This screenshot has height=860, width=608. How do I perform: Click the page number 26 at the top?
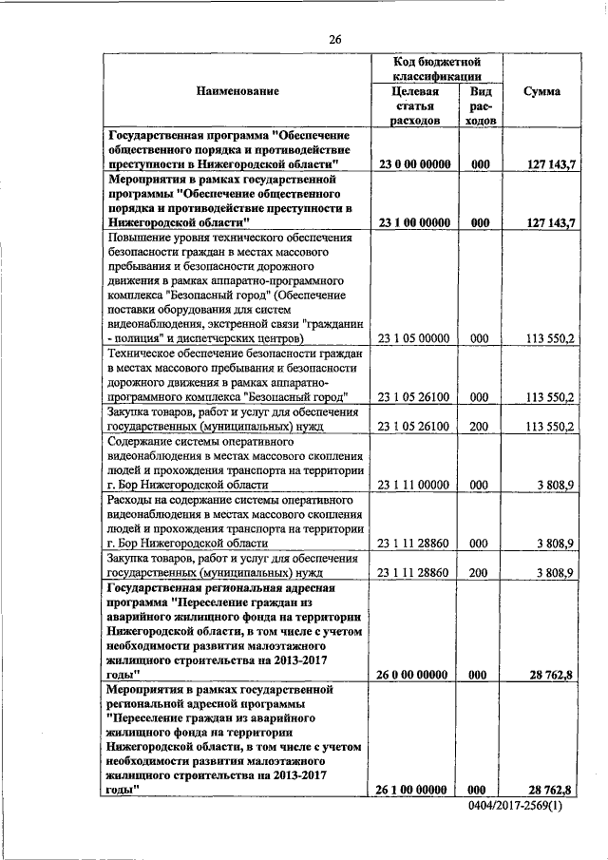pyautogui.click(x=334, y=39)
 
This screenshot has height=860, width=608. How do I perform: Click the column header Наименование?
pyautogui.click(x=237, y=91)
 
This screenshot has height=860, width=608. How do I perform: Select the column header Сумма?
pyautogui.click(x=541, y=91)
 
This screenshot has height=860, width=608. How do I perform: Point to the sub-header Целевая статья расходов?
pyautogui.click(x=413, y=106)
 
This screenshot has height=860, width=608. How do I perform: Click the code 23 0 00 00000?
pyautogui.click(x=413, y=164)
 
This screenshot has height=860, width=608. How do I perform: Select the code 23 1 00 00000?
pyautogui.click(x=413, y=222)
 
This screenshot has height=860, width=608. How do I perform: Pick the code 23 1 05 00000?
pyautogui.click(x=413, y=337)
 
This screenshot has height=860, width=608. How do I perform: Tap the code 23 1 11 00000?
pyautogui.click(x=413, y=486)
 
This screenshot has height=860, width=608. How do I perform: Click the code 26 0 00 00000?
pyautogui.click(x=413, y=675)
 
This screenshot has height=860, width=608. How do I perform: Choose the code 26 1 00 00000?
pyautogui.click(x=413, y=789)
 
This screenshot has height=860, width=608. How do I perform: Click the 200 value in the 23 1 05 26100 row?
pyautogui.click(x=479, y=428)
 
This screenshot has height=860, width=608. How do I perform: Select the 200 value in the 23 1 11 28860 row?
pyautogui.click(x=479, y=573)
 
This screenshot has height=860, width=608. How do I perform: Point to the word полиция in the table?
pyautogui.click(x=142, y=337)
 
